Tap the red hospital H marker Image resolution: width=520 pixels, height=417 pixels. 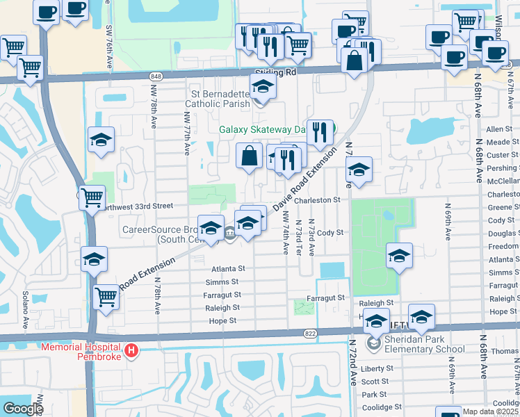(x=131, y=352)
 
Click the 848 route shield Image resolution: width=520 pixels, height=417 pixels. (x=156, y=75)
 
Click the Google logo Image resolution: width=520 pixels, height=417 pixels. (x=22, y=409)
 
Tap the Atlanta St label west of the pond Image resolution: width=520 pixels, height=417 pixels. (x=229, y=269)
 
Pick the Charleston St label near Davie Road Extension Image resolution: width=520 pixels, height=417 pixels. (x=315, y=200)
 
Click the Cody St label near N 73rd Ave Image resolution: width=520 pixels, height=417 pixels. (x=330, y=233)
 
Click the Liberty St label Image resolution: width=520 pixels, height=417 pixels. (x=375, y=368)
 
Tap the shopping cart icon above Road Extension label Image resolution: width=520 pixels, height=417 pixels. (x=106, y=297)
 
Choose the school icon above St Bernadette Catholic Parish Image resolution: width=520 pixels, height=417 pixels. (x=263, y=86)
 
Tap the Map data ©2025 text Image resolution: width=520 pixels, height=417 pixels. (x=491, y=411)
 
